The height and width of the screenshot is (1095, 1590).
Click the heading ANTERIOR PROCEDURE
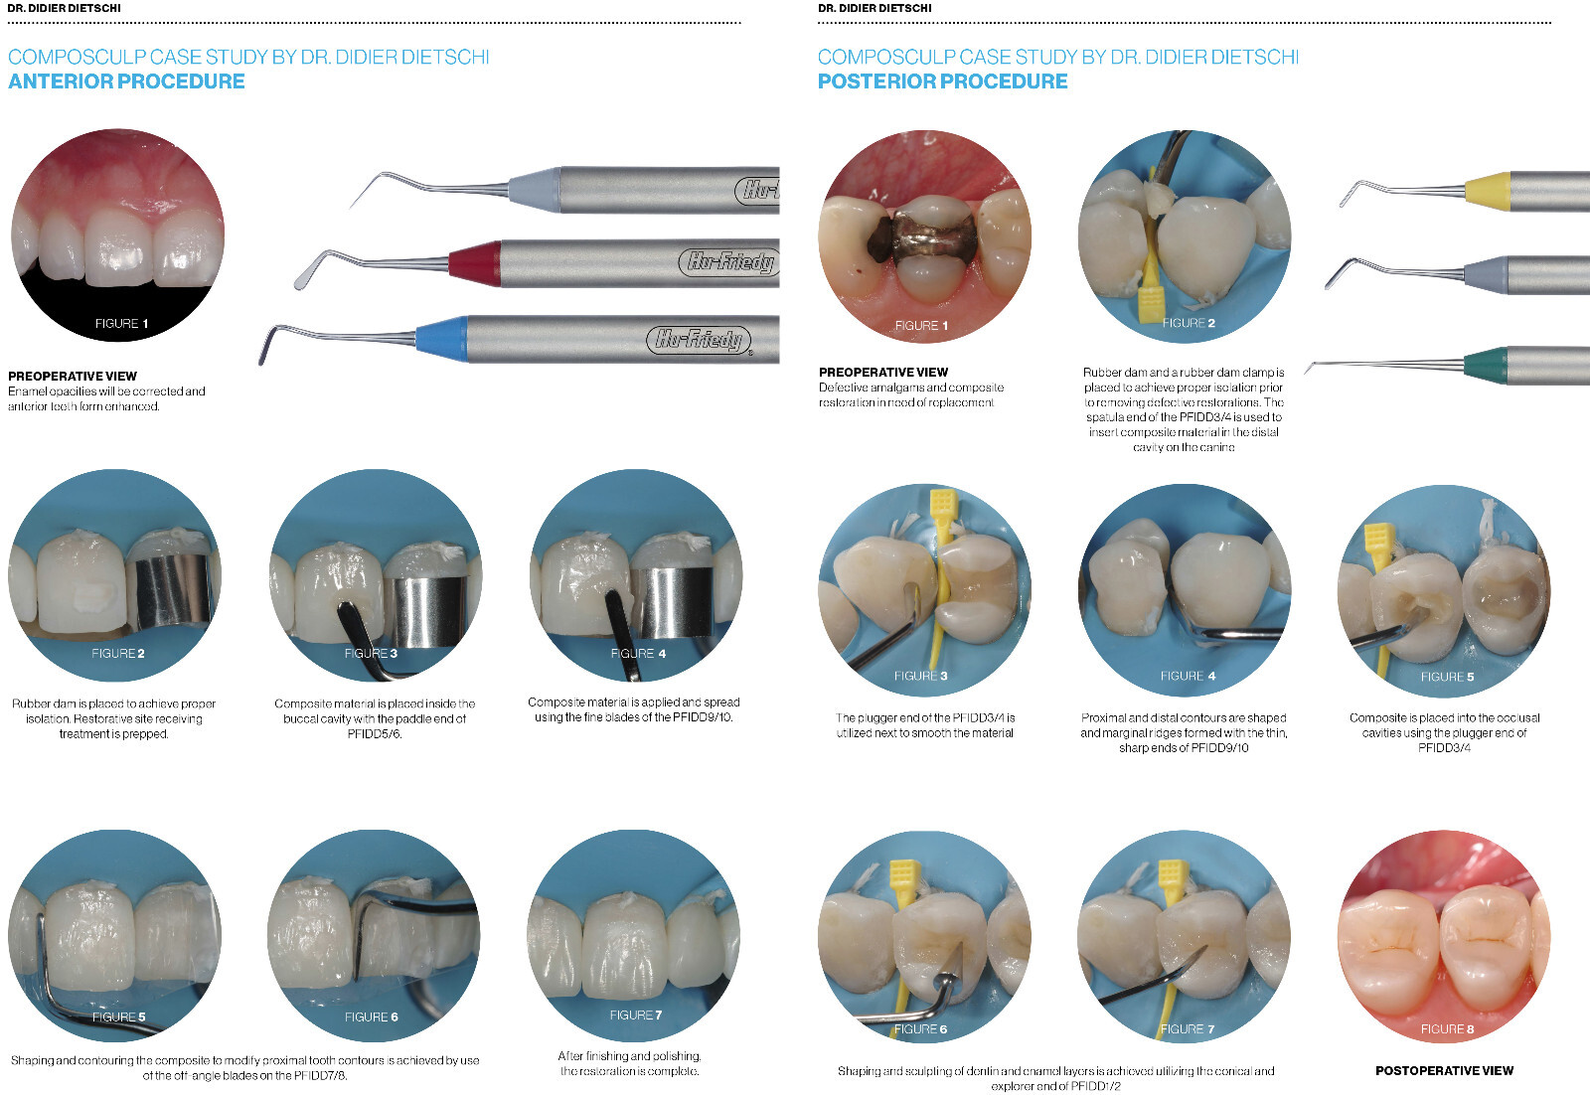(x=126, y=81)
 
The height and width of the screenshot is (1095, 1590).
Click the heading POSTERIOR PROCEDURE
(x=943, y=81)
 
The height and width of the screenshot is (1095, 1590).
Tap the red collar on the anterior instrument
(x=474, y=263)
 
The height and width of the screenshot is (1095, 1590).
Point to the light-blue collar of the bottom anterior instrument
(x=441, y=339)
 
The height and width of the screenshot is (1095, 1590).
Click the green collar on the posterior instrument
(x=1486, y=365)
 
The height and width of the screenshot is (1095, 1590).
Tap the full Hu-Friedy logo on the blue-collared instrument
(x=700, y=340)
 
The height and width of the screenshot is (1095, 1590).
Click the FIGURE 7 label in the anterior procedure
(x=636, y=1015)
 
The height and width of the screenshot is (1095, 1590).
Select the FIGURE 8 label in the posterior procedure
(x=1447, y=1029)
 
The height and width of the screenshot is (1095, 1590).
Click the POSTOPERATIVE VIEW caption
(x=1445, y=1070)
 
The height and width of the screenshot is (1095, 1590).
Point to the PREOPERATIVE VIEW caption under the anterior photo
(x=73, y=377)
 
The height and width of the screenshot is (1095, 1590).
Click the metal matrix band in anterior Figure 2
(x=170, y=592)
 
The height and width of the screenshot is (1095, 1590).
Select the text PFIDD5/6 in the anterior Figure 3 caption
(x=375, y=733)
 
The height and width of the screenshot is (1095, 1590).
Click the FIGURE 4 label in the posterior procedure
(x=1189, y=676)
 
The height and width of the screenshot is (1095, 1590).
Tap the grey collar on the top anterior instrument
(x=535, y=189)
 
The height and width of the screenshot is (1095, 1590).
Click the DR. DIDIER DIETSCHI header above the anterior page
(x=64, y=8)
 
